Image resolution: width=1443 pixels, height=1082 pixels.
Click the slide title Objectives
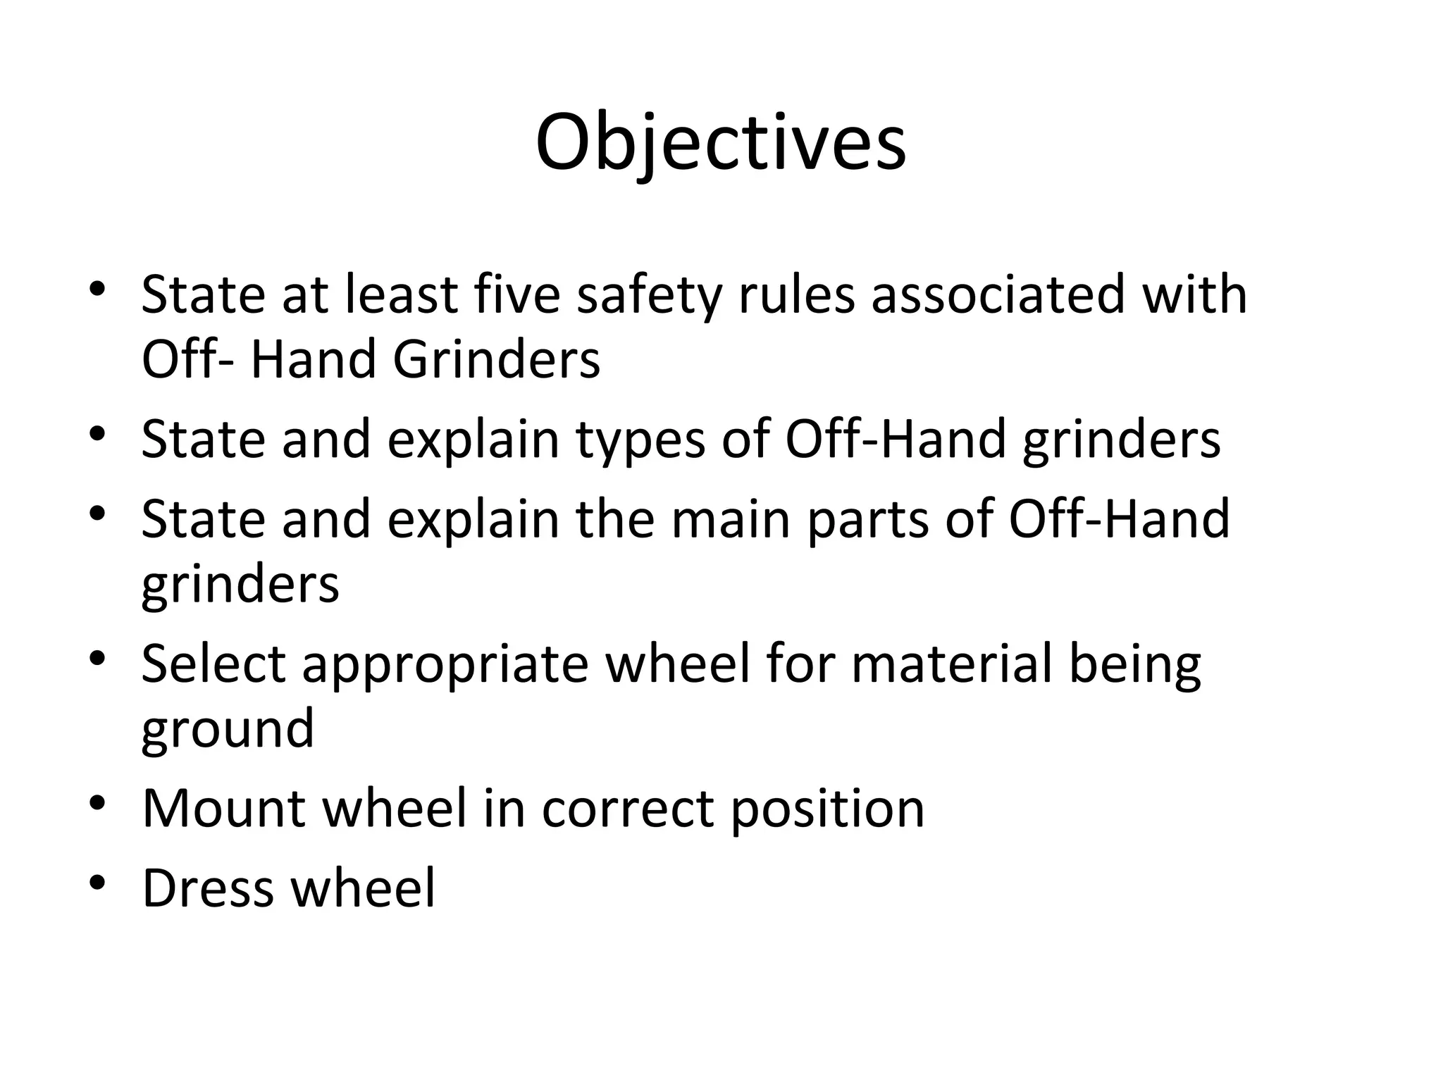720,144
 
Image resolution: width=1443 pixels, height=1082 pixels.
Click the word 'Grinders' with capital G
496,359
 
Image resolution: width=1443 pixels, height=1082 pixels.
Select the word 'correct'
627,809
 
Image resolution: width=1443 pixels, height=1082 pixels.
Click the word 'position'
826,809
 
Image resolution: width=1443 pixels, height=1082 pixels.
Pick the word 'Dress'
208,888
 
